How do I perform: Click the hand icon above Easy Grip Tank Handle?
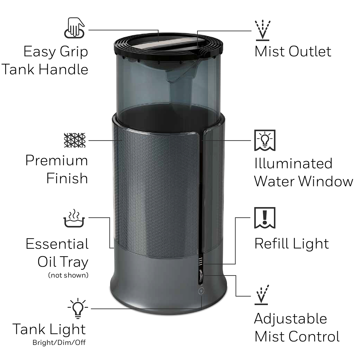[74, 28]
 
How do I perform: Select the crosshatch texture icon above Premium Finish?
[75, 140]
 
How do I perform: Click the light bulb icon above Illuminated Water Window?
[265, 140]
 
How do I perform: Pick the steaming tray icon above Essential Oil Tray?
[74, 218]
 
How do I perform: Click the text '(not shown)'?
[68, 275]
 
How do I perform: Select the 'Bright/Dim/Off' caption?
[59, 343]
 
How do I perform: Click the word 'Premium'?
[57, 160]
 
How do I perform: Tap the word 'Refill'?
[271, 244]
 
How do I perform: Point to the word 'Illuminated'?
[293, 163]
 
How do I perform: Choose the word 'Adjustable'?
[290, 319]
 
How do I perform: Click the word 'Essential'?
[57, 244]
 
